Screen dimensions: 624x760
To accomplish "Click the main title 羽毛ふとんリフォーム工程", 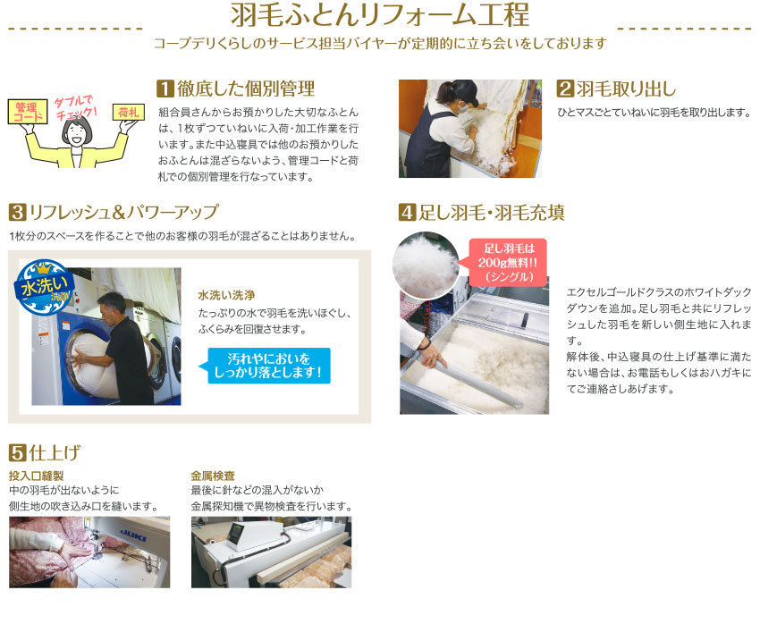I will pos(379,17).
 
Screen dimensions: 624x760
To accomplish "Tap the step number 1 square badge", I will pos(165,89).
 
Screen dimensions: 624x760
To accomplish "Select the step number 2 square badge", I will pos(565,89).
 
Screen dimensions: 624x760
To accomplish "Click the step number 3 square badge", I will pos(16,213).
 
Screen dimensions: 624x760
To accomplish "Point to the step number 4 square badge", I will pos(407,213).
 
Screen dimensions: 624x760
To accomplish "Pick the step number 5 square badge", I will pos(16,451).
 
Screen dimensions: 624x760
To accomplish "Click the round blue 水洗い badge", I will pos(41,288).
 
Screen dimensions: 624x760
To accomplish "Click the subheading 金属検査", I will pos(213,476).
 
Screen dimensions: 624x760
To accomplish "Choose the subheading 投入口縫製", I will pos(36,476).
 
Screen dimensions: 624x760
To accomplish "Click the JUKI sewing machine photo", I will pos(89,552).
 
